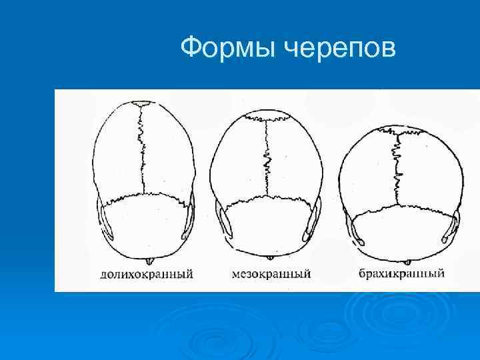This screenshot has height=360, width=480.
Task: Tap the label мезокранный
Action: click(x=271, y=274)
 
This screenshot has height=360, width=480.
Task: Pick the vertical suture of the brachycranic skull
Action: click(x=398, y=167)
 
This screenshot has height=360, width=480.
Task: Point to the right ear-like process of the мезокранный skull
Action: click(x=312, y=220)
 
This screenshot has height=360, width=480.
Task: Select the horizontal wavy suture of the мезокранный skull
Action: click(x=268, y=198)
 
